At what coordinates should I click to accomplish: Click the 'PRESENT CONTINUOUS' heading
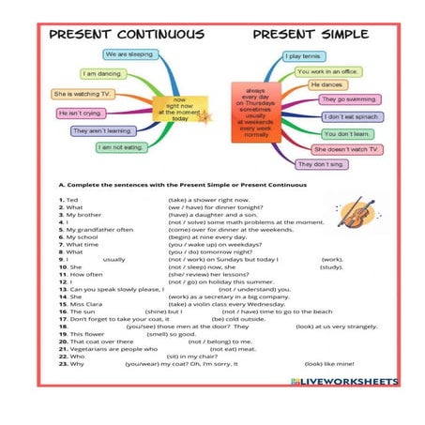click(126, 35)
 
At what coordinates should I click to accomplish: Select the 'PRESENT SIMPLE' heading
click(311, 35)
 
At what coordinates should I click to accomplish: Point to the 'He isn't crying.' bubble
click(82, 113)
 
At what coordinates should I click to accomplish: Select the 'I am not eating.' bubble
click(119, 147)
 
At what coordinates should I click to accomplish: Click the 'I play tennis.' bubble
click(306, 56)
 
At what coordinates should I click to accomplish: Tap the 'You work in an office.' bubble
click(327, 70)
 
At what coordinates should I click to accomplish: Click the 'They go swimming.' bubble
click(348, 99)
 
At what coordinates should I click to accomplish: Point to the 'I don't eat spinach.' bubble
click(353, 116)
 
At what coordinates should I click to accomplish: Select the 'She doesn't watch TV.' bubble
click(346, 149)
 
